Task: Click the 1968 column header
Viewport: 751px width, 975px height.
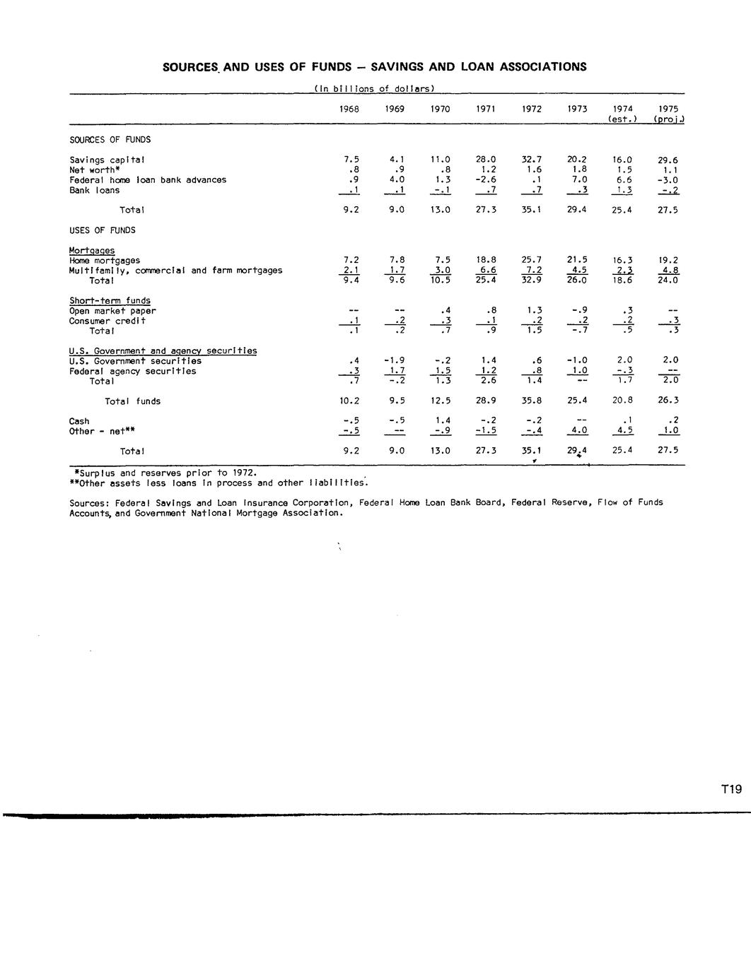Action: tap(349, 109)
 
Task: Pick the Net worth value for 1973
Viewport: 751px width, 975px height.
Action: tap(578, 170)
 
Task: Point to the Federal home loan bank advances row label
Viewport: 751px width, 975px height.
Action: tap(148, 180)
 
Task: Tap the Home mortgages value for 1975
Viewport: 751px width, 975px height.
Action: tap(668, 261)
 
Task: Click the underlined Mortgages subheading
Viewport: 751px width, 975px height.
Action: tap(92, 251)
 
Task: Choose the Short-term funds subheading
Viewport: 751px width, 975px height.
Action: tap(110, 301)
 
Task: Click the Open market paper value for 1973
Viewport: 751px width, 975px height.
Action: tap(578, 311)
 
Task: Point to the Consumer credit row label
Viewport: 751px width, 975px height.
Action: tap(107, 321)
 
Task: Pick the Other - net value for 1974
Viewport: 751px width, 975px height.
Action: tap(623, 431)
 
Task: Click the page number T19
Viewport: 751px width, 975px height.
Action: tap(731, 790)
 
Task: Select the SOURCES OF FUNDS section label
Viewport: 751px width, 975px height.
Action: tap(110, 140)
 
